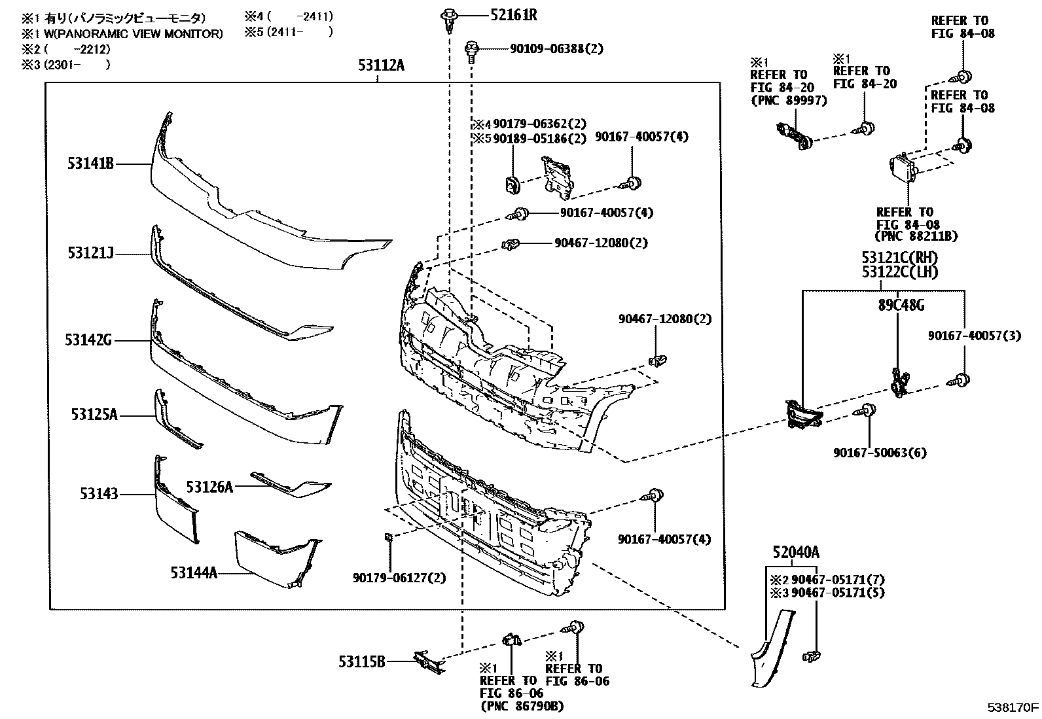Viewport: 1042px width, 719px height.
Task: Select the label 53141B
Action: pos(90,163)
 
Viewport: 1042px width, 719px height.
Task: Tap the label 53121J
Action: pos(90,253)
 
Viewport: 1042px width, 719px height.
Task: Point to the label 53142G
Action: pos(88,340)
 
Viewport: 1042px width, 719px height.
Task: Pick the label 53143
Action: pos(99,493)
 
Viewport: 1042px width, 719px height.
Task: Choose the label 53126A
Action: pos(209,487)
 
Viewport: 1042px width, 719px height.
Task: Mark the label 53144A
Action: pos(194,572)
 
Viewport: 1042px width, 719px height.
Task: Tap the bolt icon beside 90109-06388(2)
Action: pos(471,50)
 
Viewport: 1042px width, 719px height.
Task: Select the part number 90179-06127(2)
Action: pos(399,578)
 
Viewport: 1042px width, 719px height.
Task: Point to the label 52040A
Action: pos(795,553)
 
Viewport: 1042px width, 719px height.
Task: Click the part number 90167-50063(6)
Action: pos(880,453)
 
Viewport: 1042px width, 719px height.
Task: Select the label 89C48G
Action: pos(901,305)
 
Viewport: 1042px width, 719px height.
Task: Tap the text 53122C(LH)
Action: pos(900,272)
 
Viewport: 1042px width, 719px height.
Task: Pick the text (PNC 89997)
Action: pos(788,100)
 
